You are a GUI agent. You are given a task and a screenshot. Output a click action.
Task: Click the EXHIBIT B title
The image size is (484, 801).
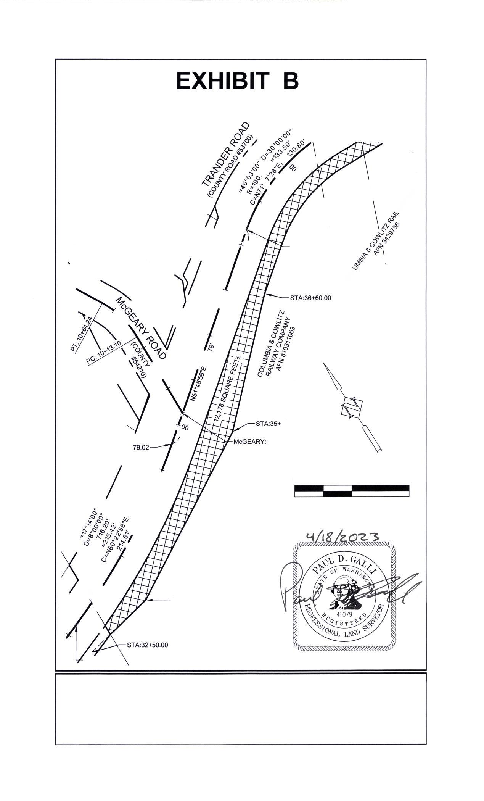point(237,81)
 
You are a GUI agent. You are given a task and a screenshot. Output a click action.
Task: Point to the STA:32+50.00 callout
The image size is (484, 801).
point(147,645)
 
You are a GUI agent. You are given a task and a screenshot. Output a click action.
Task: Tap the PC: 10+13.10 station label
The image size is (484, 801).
point(103,351)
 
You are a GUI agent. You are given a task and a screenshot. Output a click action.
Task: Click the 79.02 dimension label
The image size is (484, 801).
point(141,448)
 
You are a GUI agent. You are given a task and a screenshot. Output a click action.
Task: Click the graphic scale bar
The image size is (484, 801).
point(352,491)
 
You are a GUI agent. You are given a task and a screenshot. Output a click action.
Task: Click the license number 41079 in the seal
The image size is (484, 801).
point(344,615)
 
